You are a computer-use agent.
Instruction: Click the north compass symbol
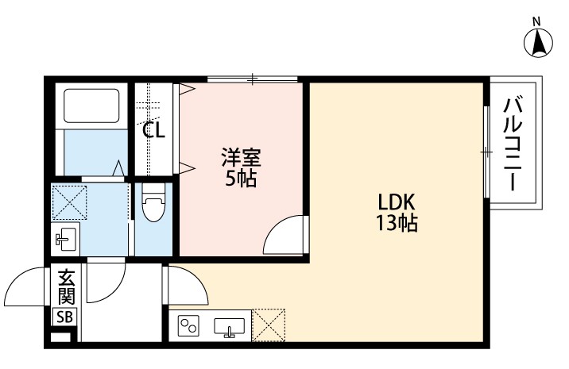(x=538, y=40)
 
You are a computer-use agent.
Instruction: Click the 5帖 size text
(x=239, y=179)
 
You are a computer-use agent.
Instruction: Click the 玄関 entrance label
(x=65, y=290)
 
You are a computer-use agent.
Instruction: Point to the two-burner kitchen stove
(x=190, y=325)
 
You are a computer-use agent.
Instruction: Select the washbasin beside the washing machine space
(x=65, y=239)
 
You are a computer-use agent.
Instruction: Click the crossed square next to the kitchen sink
(x=269, y=325)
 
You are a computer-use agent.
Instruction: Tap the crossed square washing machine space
(x=68, y=202)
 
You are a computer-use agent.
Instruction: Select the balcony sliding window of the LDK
(x=485, y=151)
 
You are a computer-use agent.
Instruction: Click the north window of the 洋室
(x=253, y=79)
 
